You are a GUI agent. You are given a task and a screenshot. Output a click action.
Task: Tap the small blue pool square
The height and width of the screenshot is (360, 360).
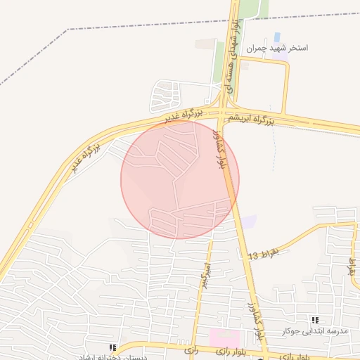pos(276,37)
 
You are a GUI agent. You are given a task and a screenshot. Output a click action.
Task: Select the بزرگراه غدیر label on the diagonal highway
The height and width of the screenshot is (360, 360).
pos(84,158)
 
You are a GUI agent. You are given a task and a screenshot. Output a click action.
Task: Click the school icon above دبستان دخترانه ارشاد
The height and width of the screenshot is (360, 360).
pos(112,347)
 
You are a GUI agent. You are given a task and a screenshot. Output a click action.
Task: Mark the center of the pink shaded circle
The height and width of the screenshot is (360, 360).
pos(180,179)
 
